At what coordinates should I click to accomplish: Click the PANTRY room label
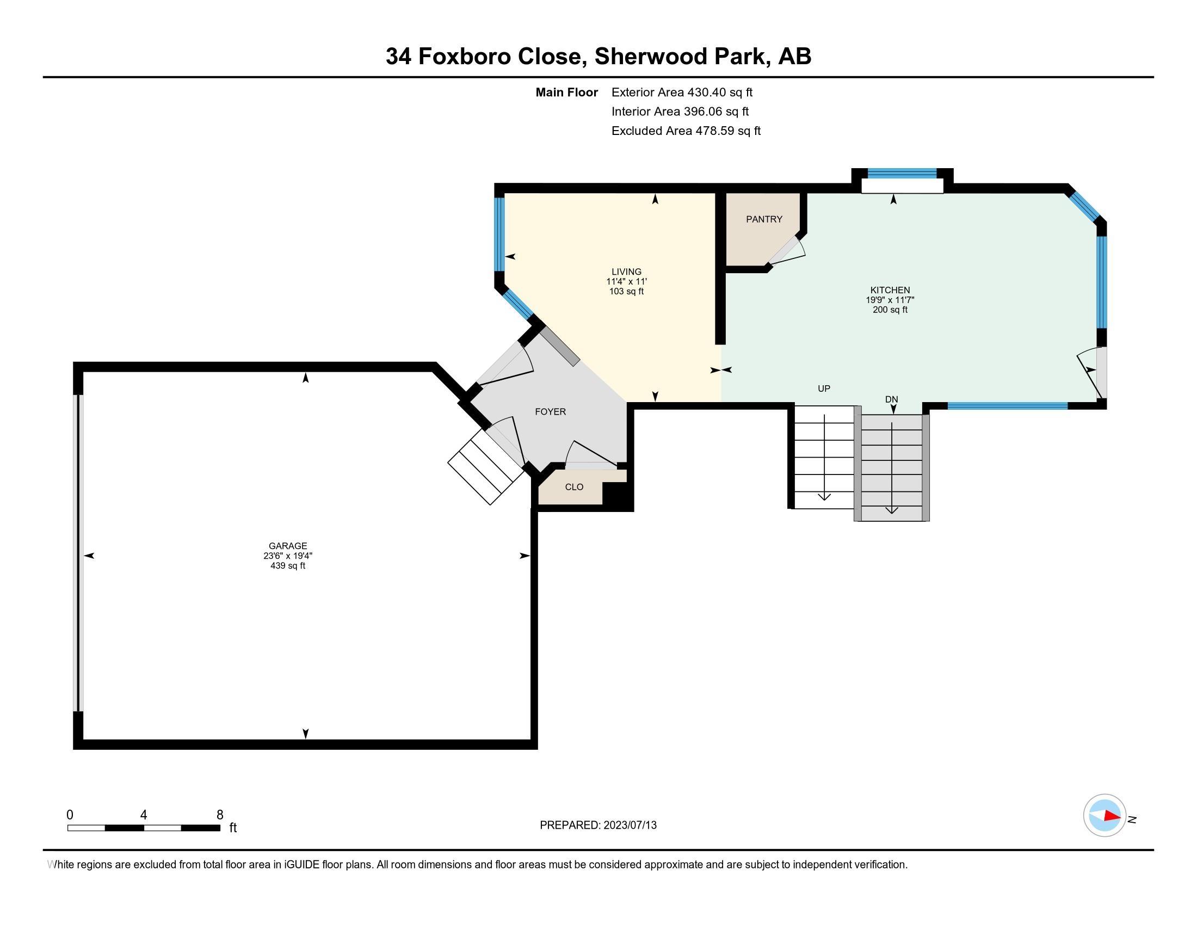click(x=764, y=219)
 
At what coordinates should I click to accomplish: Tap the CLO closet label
click(x=574, y=486)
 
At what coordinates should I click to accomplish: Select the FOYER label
click(x=550, y=411)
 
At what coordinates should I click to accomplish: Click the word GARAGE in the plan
click(x=288, y=546)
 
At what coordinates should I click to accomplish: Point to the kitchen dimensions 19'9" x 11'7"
click(x=890, y=300)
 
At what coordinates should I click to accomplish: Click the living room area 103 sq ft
click(x=626, y=292)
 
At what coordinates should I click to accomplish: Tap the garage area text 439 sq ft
click(x=288, y=565)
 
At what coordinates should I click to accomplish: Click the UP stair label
click(x=824, y=388)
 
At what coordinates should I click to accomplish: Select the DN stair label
click(x=891, y=399)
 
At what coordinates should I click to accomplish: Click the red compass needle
click(x=1112, y=816)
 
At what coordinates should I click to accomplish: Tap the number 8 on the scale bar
click(x=220, y=815)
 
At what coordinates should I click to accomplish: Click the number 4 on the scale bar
click(x=144, y=815)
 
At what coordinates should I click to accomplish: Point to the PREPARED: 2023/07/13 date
click(x=598, y=825)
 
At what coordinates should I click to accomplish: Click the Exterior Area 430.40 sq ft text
click(x=682, y=92)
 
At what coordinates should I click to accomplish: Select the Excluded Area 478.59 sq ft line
click(x=686, y=131)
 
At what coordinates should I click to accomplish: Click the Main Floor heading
click(x=567, y=92)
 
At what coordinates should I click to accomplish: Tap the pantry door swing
click(x=788, y=251)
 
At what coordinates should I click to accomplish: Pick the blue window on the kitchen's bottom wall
click(x=1007, y=406)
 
